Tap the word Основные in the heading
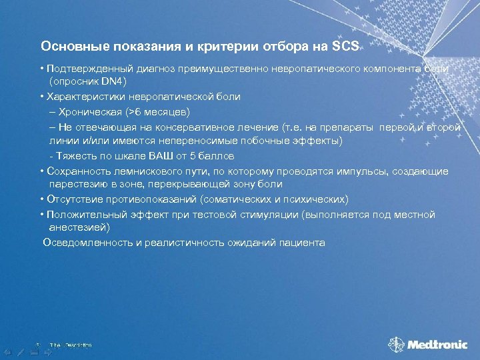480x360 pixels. (69, 47)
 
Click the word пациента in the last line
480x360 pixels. (304, 243)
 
